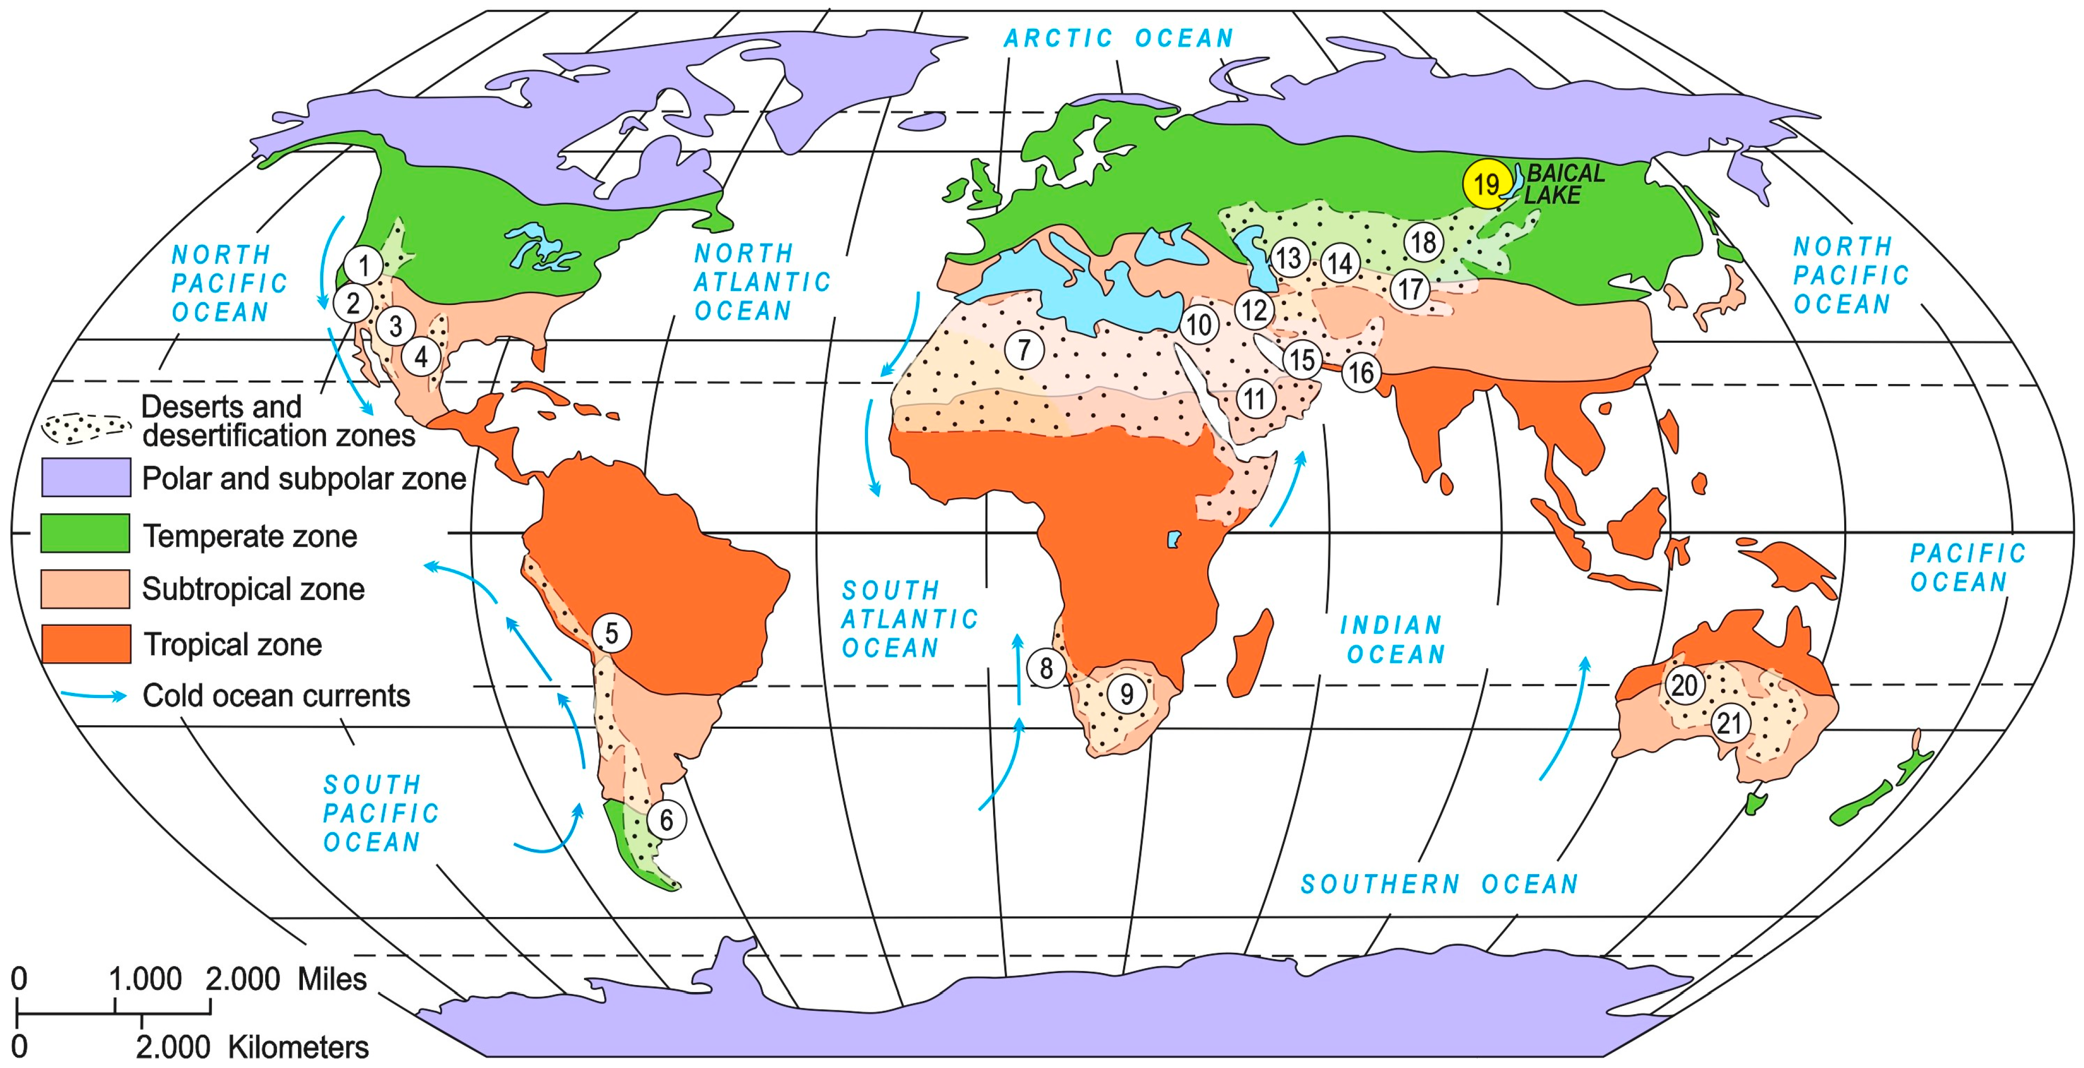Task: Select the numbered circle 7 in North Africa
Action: click(1024, 350)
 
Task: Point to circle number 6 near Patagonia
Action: click(666, 820)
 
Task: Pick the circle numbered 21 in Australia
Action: click(1729, 723)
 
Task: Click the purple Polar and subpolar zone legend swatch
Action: click(86, 477)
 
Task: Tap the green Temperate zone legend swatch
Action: click(86, 534)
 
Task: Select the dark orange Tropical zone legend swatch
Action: click(86, 644)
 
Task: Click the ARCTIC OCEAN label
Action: click(1119, 38)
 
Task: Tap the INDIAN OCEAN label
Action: click(1394, 639)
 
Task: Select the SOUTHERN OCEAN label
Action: click(1439, 884)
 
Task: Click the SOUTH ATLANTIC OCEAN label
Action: click(909, 619)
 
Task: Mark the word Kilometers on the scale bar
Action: click(298, 1047)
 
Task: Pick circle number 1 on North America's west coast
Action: click(363, 265)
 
